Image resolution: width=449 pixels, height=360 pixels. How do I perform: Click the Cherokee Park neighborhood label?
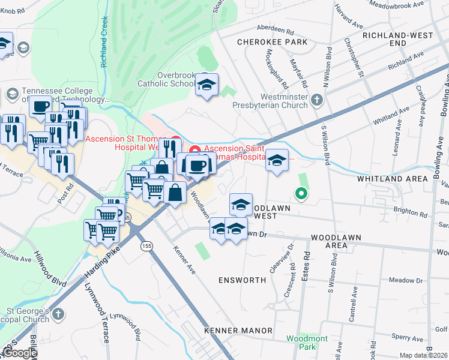(x=272, y=42)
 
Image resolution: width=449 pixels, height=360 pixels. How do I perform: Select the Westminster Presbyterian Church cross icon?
(x=318, y=99)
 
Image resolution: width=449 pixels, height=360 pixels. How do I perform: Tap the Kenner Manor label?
(x=238, y=331)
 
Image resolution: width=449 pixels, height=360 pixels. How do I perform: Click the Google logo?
(x=19, y=353)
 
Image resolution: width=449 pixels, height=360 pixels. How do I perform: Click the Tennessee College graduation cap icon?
(x=12, y=94)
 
